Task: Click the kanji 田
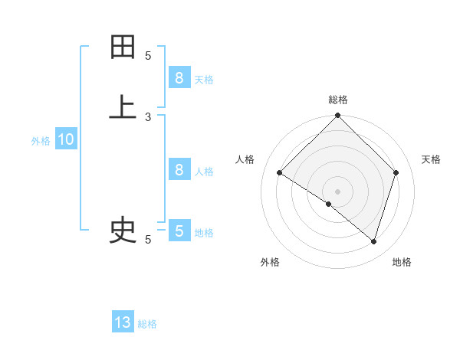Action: point(123,47)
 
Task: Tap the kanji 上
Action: point(123,108)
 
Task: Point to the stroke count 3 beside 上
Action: point(148,117)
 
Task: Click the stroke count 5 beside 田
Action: point(148,56)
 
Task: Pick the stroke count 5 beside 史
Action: point(148,240)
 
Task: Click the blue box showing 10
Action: point(66,139)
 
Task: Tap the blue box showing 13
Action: point(123,322)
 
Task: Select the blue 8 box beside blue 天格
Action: point(179,78)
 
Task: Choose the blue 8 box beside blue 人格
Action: point(179,170)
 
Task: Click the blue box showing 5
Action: point(179,231)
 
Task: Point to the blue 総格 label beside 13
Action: point(147,324)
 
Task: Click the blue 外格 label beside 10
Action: point(41,141)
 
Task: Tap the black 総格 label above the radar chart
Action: point(338,100)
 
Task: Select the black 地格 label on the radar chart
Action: point(402,262)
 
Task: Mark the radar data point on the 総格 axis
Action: point(338,117)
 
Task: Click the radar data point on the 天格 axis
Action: point(396,173)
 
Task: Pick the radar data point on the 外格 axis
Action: point(329,205)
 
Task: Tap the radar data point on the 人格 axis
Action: point(280,173)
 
